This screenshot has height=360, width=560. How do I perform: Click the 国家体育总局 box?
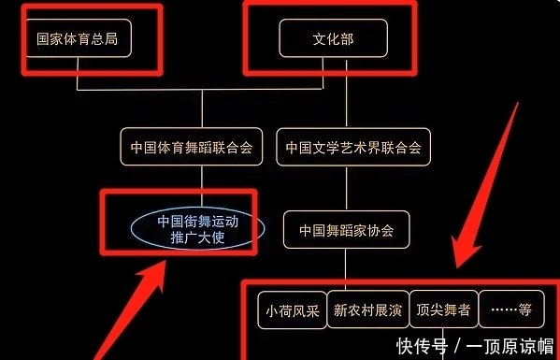click(79, 39)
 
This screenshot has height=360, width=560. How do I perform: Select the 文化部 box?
click(333, 39)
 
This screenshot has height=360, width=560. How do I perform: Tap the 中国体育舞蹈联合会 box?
click(192, 148)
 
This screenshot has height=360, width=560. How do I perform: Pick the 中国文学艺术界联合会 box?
click(352, 148)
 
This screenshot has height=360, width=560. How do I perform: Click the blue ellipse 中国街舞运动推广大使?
click(191, 229)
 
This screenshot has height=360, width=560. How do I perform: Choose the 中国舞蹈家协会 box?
click(346, 229)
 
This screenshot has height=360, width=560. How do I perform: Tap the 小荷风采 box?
click(291, 310)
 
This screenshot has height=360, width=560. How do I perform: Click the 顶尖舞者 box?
click(443, 310)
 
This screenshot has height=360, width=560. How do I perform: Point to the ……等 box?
click(511, 310)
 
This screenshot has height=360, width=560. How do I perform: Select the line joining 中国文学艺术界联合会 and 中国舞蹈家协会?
click(346, 188)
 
